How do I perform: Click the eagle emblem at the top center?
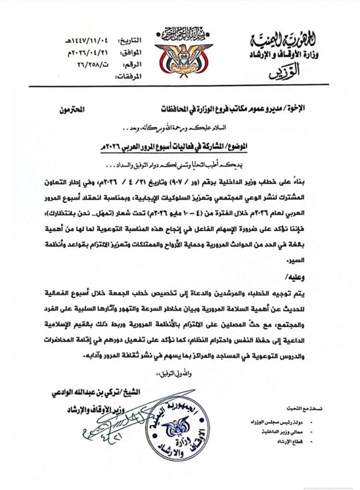pos(183,56)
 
